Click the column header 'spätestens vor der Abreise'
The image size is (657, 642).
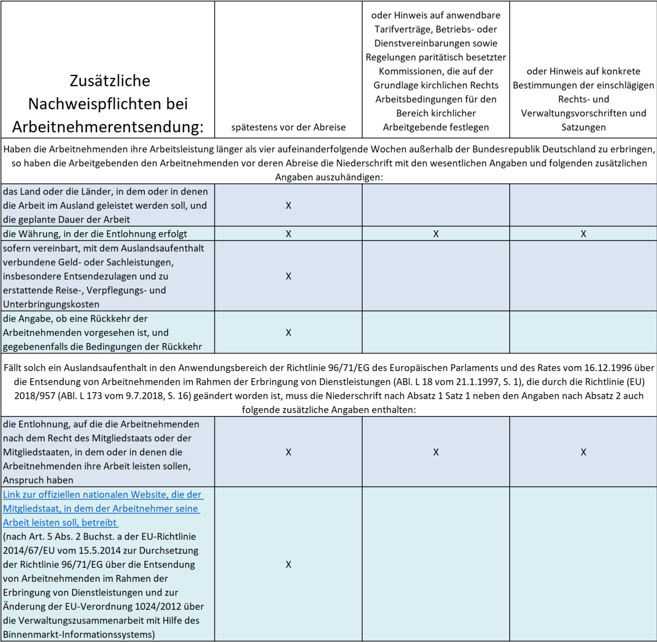[x=288, y=128]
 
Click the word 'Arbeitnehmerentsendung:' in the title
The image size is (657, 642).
[x=108, y=127]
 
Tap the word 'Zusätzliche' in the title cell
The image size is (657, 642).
[x=110, y=81]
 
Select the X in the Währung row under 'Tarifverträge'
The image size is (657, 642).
[x=436, y=234]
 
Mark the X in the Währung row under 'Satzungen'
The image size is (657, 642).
[x=583, y=234]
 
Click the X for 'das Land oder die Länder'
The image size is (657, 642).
[x=288, y=206]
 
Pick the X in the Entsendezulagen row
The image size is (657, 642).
[x=288, y=276]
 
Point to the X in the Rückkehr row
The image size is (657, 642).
[x=288, y=333]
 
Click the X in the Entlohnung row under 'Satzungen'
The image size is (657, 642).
[x=583, y=452]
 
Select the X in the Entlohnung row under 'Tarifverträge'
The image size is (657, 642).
[x=436, y=452]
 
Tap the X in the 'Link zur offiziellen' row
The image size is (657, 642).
[x=288, y=564]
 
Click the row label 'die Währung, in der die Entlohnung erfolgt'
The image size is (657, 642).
[x=95, y=234]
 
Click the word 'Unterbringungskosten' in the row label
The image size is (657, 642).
[x=51, y=304]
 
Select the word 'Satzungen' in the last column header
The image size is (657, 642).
[x=583, y=128]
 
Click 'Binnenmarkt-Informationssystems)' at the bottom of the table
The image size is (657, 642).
[x=79, y=634]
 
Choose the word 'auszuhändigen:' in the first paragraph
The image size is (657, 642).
[x=329, y=177]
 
